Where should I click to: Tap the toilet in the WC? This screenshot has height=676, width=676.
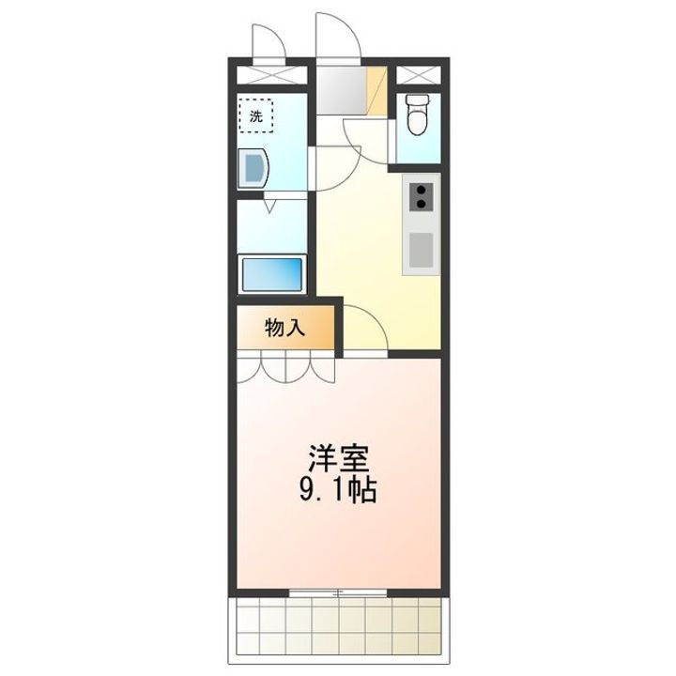(x=417, y=115)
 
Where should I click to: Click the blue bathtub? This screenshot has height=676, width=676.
(x=272, y=274)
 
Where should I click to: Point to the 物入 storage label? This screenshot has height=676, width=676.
(x=284, y=328)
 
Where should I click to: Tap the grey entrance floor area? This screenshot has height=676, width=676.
(x=340, y=89)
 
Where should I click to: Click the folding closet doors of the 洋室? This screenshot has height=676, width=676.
(x=285, y=368)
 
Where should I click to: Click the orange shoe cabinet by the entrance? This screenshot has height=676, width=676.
(x=376, y=90)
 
